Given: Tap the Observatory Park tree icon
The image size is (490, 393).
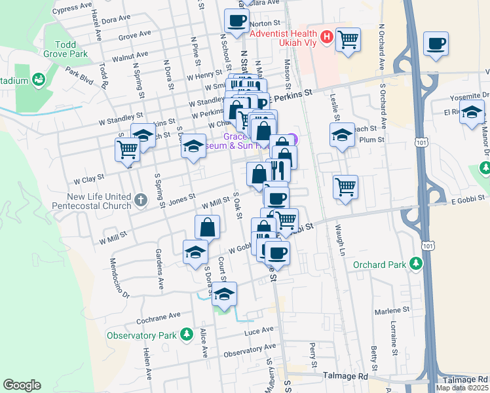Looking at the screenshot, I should [x=187, y=335].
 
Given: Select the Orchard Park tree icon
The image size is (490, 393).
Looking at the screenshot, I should [x=415, y=264].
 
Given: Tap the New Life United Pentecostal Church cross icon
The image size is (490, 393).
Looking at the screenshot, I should [x=140, y=198].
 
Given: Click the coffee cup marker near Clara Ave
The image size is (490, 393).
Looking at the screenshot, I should [x=236, y=20].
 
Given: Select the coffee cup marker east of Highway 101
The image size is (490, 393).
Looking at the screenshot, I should [x=436, y=43].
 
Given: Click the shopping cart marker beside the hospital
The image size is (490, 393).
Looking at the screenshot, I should [x=348, y=39].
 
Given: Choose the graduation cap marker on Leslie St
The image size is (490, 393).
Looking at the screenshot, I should [x=341, y=135].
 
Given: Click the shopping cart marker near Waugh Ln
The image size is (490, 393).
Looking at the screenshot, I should [x=345, y=186].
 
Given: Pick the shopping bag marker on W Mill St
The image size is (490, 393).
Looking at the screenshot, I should [x=207, y=227].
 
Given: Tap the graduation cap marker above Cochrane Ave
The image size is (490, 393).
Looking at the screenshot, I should [x=224, y=294].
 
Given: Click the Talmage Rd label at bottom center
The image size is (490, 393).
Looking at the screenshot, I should [x=346, y=377].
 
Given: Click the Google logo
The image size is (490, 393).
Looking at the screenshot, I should [x=22, y=385].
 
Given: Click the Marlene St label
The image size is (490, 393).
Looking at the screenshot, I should [x=393, y=309].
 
